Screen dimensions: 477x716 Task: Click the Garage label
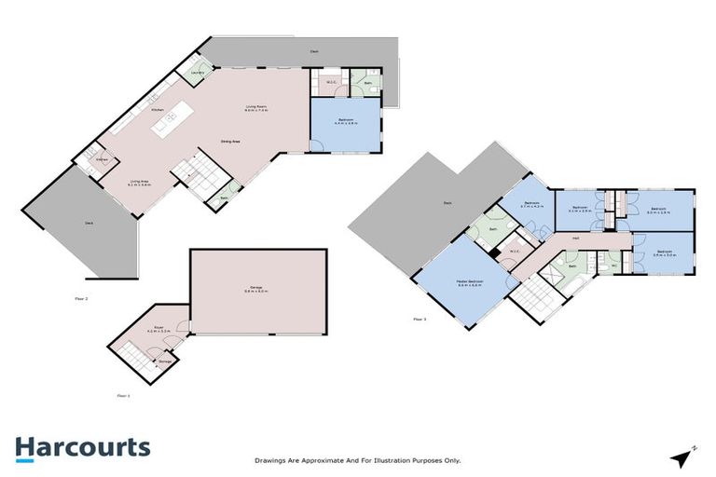point(257,288)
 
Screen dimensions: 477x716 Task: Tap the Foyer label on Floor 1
point(160,328)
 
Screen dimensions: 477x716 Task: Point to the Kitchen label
point(157,110)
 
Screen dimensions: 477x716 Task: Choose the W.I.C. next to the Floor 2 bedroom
point(329,84)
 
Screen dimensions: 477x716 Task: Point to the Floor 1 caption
point(122,396)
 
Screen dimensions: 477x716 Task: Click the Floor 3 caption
point(419,320)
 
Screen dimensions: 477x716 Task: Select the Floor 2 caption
point(81,299)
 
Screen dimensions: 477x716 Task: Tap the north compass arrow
point(683,457)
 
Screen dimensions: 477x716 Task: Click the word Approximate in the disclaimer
point(328,460)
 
